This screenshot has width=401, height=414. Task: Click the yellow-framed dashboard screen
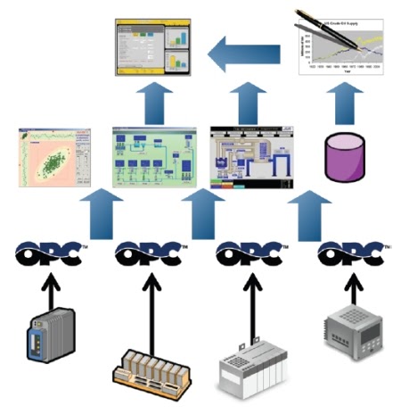click(153, 50)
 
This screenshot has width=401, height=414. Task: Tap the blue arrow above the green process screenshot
click(153, 100)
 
